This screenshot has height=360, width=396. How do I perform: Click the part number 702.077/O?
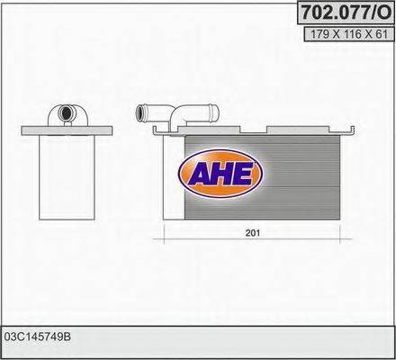[x=343, y=13]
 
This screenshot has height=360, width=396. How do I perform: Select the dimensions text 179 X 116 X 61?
[x=343, y=35]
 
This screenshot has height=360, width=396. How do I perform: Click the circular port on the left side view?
[x=67, y=113]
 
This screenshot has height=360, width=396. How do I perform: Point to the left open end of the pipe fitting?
[x=139, y=113]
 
